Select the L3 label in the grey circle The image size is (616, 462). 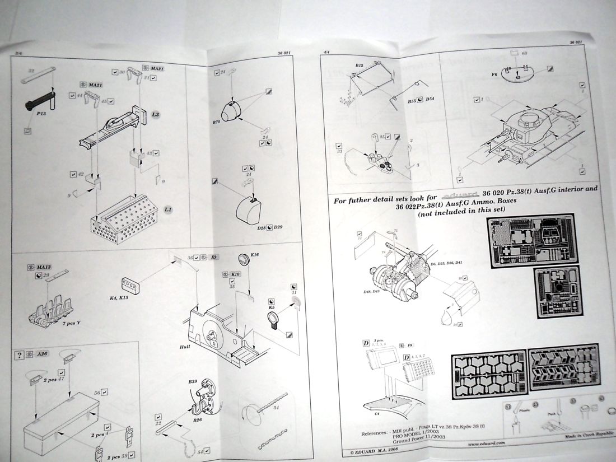pyautogui.click(x=156, y=114)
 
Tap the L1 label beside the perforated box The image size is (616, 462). pyautogui.click(x=167, y=210)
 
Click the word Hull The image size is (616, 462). pyautogui.click(x=185, y=347)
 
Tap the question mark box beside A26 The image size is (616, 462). pyautogui.click(x=20, y=354)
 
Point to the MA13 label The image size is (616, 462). pyautogui.click(x=44, y=268)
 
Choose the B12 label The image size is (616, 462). pyautogui.click(x=359, y=66)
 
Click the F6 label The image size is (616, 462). pyautogui.click(x=494, y=73)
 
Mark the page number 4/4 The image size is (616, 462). pyautogui.click(x=326, y=52)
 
